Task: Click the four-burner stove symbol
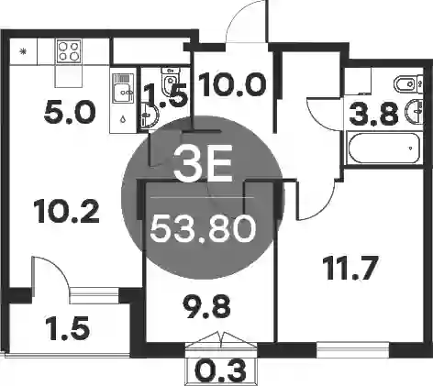pos(69,50)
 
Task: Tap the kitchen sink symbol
pos(123,88)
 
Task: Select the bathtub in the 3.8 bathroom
pos(384,148)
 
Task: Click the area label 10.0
pos(232,84)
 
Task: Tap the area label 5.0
pos(70,113)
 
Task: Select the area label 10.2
pos(66,211)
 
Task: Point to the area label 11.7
pos(351,268)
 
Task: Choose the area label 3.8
pos(373,115)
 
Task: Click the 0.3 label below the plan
pos(220,370)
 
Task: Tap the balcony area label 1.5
pos(68,328)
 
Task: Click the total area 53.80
pos(203,228)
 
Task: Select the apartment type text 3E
pos(203,162)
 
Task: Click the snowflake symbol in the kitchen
pos(23,51)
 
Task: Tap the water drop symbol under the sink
pos(123,119)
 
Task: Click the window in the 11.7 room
pos(352,349)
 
